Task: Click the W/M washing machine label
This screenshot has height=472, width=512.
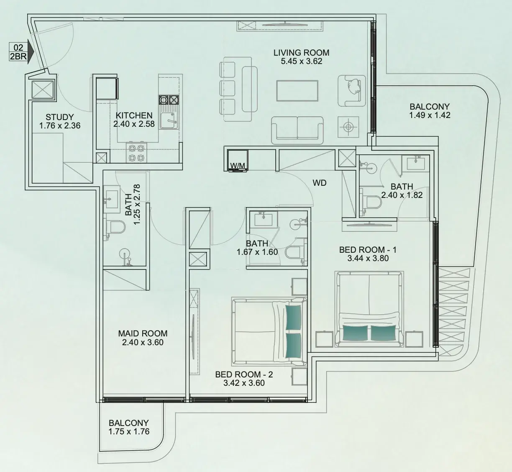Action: click(237, 166)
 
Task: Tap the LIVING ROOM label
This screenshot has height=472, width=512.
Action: click(302, 53)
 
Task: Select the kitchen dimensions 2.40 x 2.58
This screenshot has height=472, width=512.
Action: click(134, 124)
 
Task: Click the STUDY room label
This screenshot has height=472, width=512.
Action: click(60, 117)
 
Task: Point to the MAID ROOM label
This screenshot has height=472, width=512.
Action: click(143, 333)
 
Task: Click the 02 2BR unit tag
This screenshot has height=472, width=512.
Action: click(18, 51)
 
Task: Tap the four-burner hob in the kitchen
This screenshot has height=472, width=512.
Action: click(136, 152)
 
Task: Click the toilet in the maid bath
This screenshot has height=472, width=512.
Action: click(115, 227)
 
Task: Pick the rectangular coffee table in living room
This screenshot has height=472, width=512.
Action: click(297, 91)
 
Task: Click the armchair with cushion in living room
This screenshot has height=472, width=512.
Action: click(352, 91)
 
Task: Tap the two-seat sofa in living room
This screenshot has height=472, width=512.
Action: click(297, 130)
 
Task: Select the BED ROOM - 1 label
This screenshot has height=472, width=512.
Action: click(368, 249)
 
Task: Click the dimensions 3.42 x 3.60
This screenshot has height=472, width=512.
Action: click(244, 383)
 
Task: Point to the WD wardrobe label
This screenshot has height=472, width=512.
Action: click(320, 183)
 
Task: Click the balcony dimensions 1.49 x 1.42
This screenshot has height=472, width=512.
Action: click(430, 115)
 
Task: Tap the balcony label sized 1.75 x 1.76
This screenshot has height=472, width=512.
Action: click(129, 423)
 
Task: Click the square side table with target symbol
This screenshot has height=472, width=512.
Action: click(348, 127)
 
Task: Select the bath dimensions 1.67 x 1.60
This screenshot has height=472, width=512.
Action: click(257, 252)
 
